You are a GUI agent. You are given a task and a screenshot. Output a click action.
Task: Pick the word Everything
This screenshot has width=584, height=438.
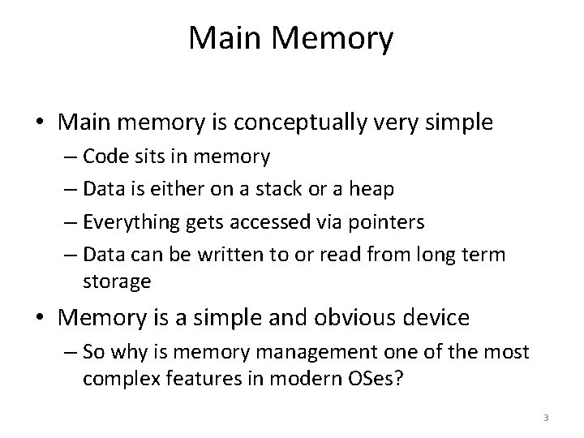point(123,222)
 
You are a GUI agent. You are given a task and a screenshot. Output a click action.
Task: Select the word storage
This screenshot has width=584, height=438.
point(115,281)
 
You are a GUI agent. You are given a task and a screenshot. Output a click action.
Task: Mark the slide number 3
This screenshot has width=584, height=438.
point(546,418)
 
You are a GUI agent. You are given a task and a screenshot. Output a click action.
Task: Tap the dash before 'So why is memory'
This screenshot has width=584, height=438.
point(71,353)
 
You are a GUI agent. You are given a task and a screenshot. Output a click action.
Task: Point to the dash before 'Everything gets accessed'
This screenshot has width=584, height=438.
point(71,222)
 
